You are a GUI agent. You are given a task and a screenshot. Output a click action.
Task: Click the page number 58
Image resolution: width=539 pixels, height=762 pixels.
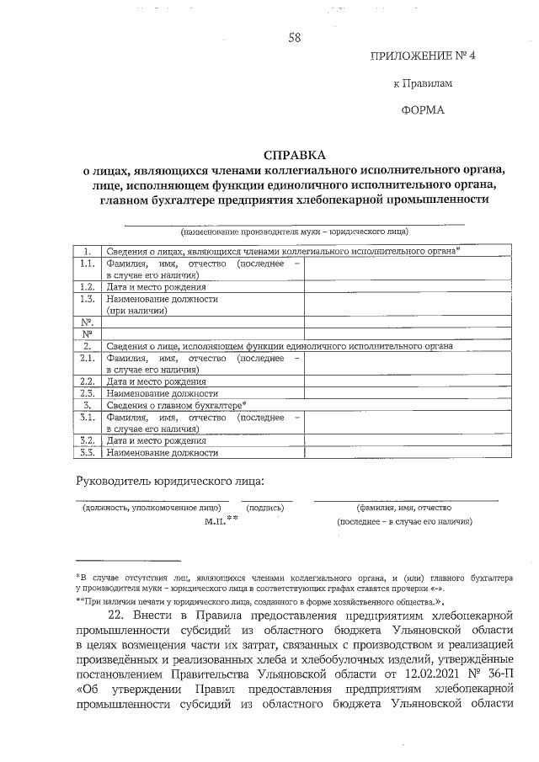tap(294, 37)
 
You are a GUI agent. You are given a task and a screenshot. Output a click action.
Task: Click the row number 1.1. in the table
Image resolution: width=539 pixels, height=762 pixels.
tap(86, 264)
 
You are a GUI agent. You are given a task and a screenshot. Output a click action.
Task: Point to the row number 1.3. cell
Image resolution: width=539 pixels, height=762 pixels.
tap(86, 299)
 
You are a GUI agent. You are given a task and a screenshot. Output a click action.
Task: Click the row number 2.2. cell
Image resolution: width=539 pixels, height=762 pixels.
tap(86, 381)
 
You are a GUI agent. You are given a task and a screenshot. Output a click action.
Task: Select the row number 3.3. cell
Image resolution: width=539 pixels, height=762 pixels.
tap(86, 452)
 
